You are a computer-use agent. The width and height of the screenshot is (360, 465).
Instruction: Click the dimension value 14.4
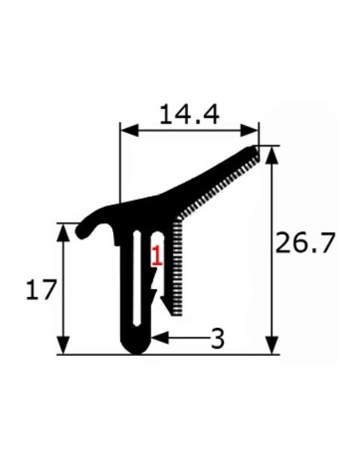[189, 115]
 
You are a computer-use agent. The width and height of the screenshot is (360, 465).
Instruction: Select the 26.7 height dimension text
[306, 243]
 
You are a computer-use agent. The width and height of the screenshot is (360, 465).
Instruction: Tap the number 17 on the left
[40, 290]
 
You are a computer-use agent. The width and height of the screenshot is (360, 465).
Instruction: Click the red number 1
[157, 256]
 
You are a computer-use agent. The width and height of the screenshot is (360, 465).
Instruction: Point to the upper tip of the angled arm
[254, 149]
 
